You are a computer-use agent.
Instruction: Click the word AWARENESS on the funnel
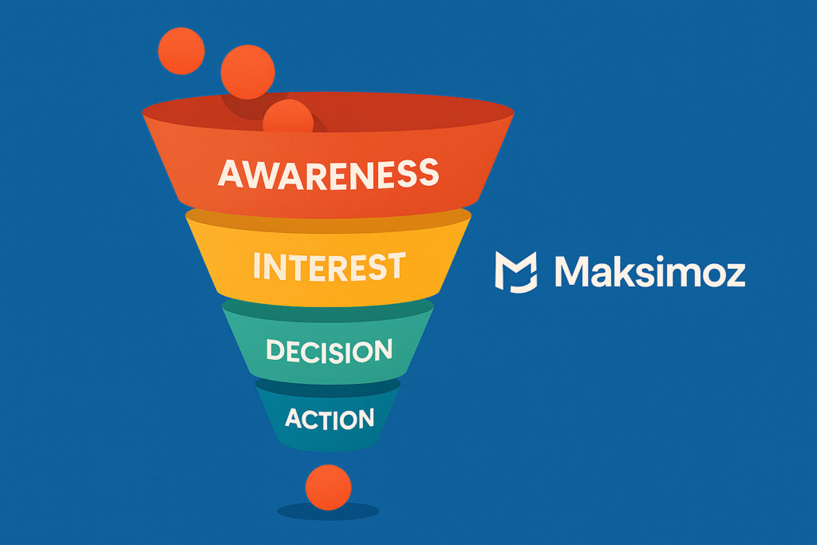(328, 173)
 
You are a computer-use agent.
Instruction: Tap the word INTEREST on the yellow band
(328, 267)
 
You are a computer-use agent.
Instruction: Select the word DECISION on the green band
(329, 350)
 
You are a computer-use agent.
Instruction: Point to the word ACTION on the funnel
(329, 418)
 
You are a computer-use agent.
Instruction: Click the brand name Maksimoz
(649, 271)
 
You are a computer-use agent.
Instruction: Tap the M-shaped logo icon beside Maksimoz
(516, 271)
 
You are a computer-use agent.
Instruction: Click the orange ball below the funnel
(328, 487)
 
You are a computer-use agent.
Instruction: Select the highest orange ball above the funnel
(181, 51)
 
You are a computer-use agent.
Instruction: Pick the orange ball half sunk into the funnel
(287, 117)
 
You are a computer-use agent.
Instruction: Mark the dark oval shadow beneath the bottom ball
(328, 511)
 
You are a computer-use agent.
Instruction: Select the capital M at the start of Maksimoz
(571, 271)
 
